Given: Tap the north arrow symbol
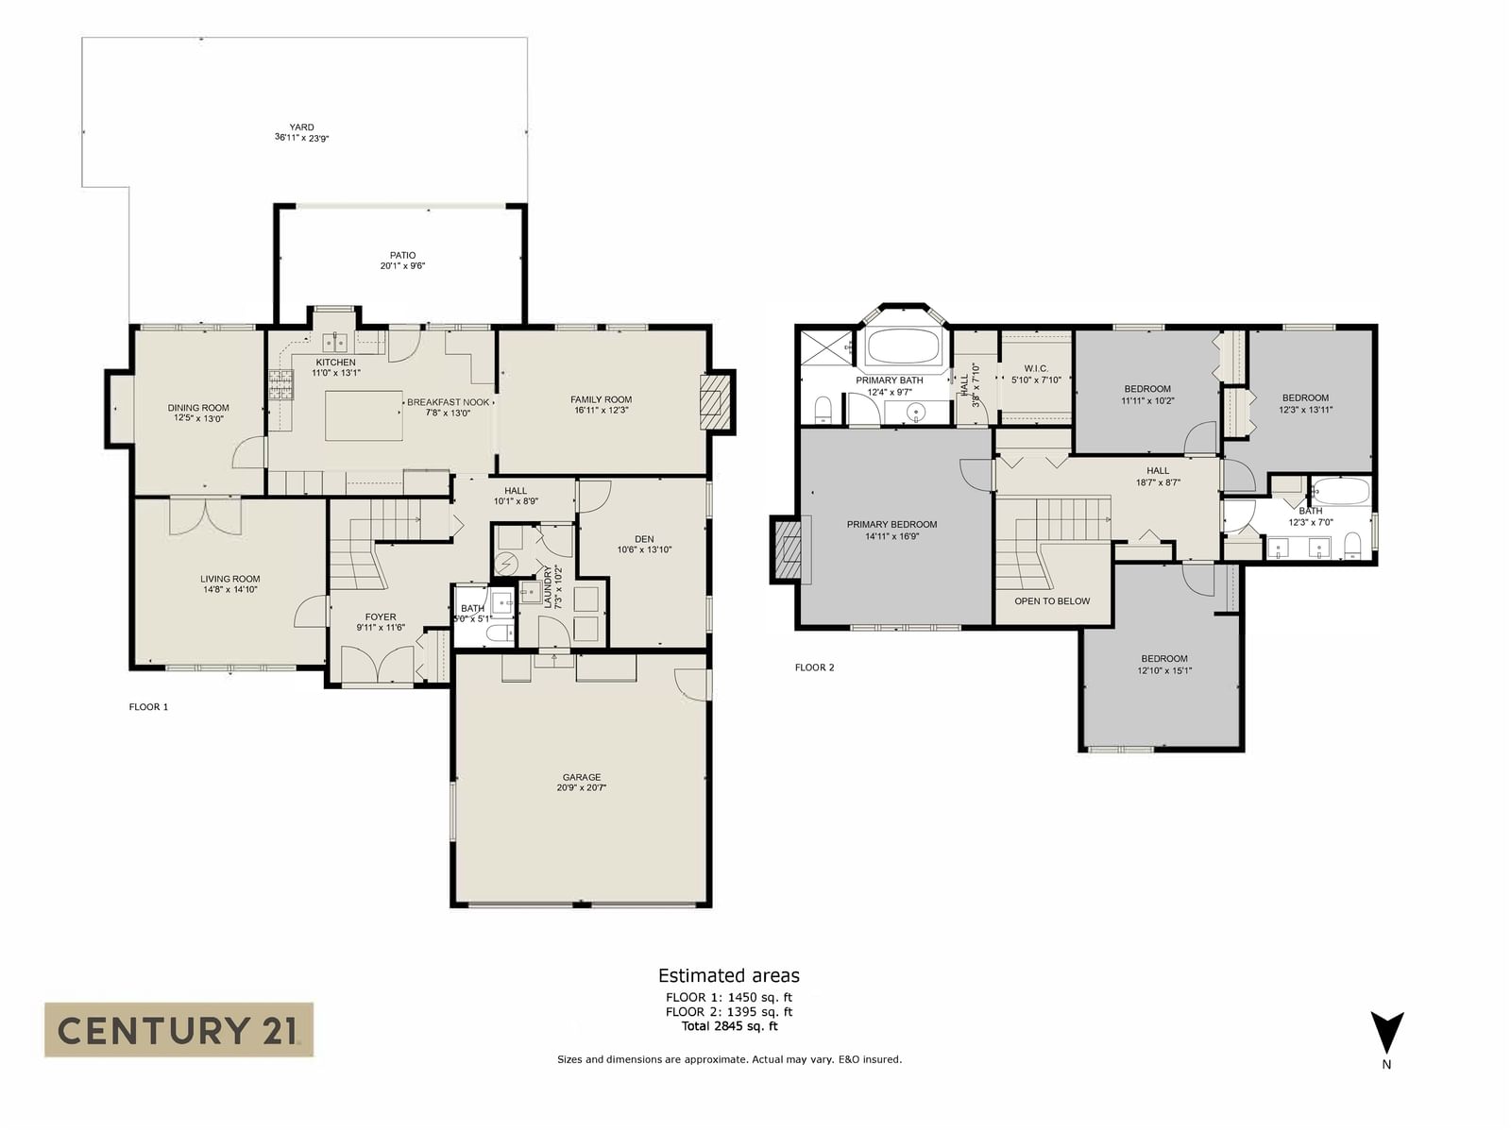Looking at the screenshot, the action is coord(1386,1033).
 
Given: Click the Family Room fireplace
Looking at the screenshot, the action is coord(714,401).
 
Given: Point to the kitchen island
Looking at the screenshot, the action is coord(365,415).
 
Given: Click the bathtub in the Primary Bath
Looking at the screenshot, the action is coord(903,346).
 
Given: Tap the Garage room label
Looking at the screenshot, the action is coord(582,777).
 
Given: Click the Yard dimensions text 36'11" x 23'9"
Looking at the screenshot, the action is coord(301,138).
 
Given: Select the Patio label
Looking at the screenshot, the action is coord(402,255).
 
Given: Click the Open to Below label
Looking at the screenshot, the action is coord(1052,600).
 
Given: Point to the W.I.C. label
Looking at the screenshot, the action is coord(1036,368).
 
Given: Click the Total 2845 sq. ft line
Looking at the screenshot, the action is coord(729,1026).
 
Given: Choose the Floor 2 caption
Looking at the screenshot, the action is coord(814,667).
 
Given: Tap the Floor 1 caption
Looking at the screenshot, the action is coord(148,707).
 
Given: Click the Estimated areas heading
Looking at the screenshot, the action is coord(729,975).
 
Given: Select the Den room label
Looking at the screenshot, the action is coord(644,539).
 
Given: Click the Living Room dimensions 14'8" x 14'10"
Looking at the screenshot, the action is coord(229,589).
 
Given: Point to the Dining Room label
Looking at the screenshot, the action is coord(198,407).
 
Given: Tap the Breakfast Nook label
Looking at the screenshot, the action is coord(449,402).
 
